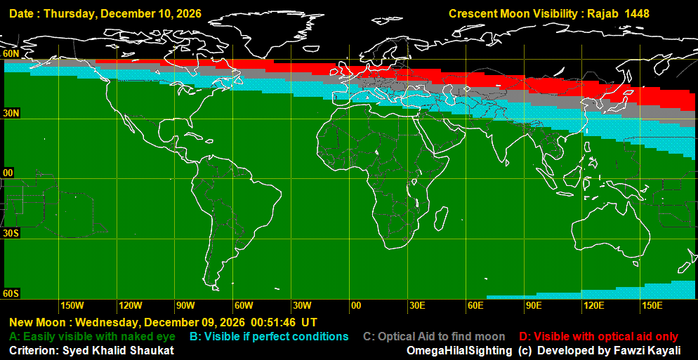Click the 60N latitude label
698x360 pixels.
[11, 53]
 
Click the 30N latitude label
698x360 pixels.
[11, 113]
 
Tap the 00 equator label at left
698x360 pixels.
[8, 173]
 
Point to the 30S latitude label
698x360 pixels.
[11, 232]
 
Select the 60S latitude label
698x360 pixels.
[11, 293]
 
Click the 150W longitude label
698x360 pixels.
[72, 305]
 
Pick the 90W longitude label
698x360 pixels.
[185, 305]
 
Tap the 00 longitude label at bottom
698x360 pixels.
[356, 305]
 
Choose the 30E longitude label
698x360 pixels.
[416, 305]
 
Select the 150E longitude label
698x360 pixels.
[652, 305]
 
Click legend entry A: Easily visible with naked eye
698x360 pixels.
[92, 337]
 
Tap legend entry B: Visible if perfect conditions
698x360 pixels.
[269, 337]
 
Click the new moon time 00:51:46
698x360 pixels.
[273, 323]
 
